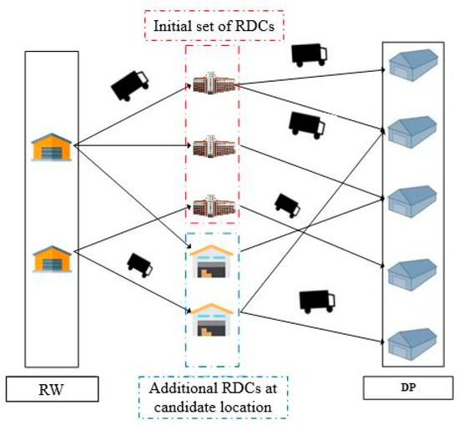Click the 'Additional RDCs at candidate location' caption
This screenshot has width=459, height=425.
click(x=214, y=396)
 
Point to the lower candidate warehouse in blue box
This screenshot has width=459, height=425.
click(x=212, y=318)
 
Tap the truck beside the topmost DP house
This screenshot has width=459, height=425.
click(x=309, y=53)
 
